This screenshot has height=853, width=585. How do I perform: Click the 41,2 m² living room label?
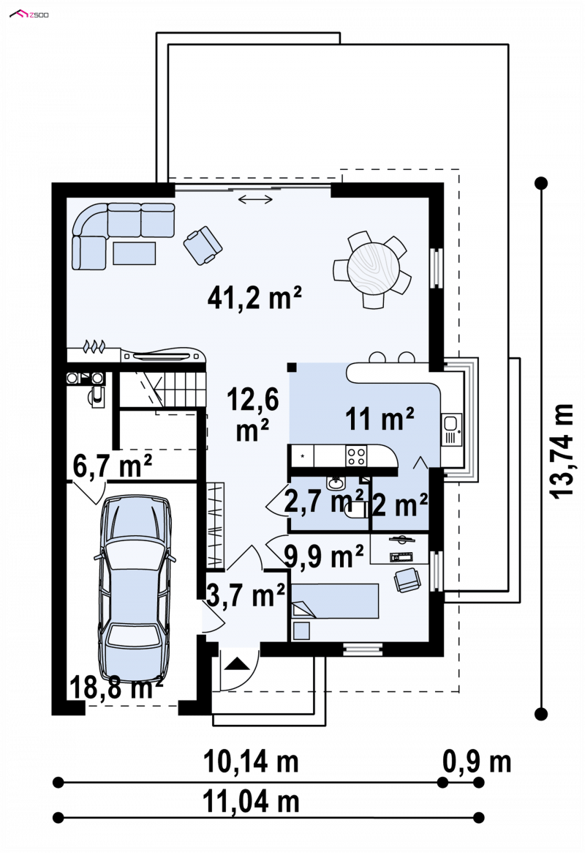[x=254, y=297]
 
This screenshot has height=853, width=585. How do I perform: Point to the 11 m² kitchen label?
[x=380, y=418]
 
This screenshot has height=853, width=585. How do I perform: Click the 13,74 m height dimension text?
[x=562, y=450]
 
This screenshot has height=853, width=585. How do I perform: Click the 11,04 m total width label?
[x=251, y=801]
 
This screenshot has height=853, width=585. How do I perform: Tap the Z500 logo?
[x=29, y=14]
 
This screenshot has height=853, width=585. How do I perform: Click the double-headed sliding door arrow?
[x=255, y=200]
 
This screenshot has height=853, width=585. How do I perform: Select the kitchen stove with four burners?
[x=356, y=456]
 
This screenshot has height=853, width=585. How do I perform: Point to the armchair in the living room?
[x=203, y=245]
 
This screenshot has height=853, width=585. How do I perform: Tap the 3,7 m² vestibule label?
[x=246, y=595]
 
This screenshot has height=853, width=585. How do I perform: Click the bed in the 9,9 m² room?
[x=335, y=601]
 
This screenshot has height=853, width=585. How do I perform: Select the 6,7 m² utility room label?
[x=112, y=466]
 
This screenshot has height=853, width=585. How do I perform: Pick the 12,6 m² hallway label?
[x=252, y=414]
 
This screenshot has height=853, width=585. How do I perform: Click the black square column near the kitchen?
[x=292, y=368]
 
